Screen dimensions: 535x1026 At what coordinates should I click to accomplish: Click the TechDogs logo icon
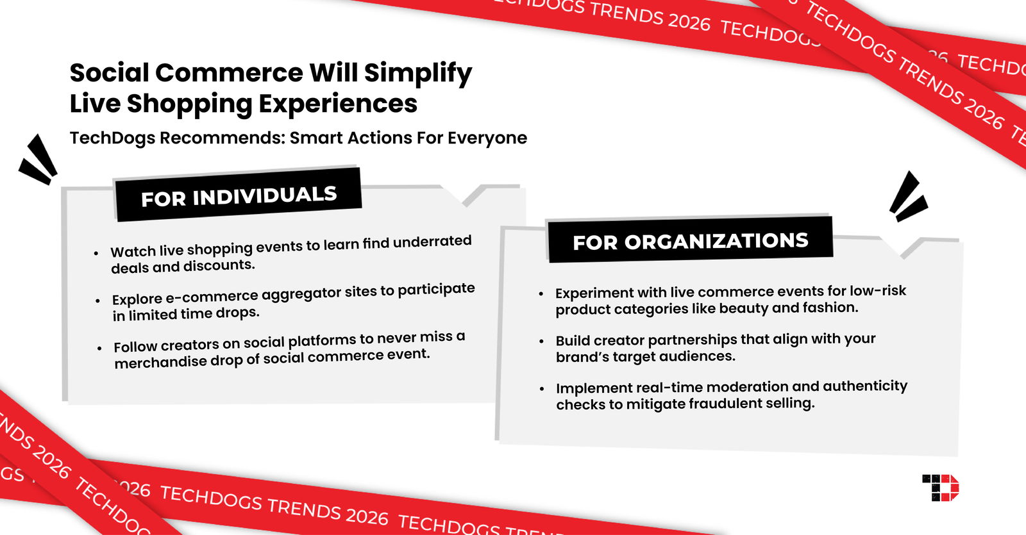(x=941, y=488)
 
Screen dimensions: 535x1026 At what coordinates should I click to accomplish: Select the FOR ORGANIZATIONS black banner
(x=690, y=241)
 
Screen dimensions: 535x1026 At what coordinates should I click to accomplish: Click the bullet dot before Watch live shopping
(x=96, y=253)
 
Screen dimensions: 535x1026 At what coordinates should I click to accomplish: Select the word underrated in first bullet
(x=432, y=242)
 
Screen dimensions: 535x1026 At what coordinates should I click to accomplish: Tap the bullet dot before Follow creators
(x=99, y=348)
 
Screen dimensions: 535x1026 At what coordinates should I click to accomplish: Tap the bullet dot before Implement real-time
(x=542, y=389)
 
